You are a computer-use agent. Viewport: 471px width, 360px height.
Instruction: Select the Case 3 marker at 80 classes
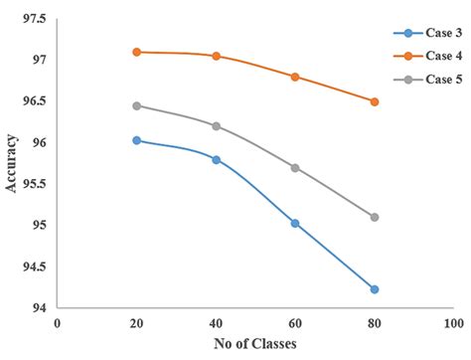(x=375, y=289)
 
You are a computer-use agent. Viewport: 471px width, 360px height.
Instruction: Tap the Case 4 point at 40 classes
(x=216, y=56)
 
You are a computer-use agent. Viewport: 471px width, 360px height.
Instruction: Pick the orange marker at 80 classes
(x=375, y=101)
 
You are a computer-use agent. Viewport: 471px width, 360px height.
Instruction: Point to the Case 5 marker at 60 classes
(x=295, y=168)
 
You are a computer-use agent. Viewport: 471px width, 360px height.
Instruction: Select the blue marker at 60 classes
(x=295, y=224)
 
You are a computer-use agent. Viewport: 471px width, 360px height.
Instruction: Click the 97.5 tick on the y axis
(x=35, y=19)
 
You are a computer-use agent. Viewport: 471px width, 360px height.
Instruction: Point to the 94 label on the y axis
(x=41, y=308)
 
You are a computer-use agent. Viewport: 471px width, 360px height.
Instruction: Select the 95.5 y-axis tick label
(x=35, y=184)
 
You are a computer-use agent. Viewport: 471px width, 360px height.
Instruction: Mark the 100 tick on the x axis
(x=454, y=323)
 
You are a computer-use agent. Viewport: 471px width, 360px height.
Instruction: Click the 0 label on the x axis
(x=58, y=323)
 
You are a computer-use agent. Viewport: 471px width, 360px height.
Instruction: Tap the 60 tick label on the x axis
(x=295, y=323)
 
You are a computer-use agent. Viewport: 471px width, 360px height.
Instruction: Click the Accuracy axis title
(x=12, y=164)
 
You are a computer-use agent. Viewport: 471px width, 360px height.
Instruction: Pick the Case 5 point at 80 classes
(x=375, y=217)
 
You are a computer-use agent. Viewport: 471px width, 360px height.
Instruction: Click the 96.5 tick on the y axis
(x=35, y=101)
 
